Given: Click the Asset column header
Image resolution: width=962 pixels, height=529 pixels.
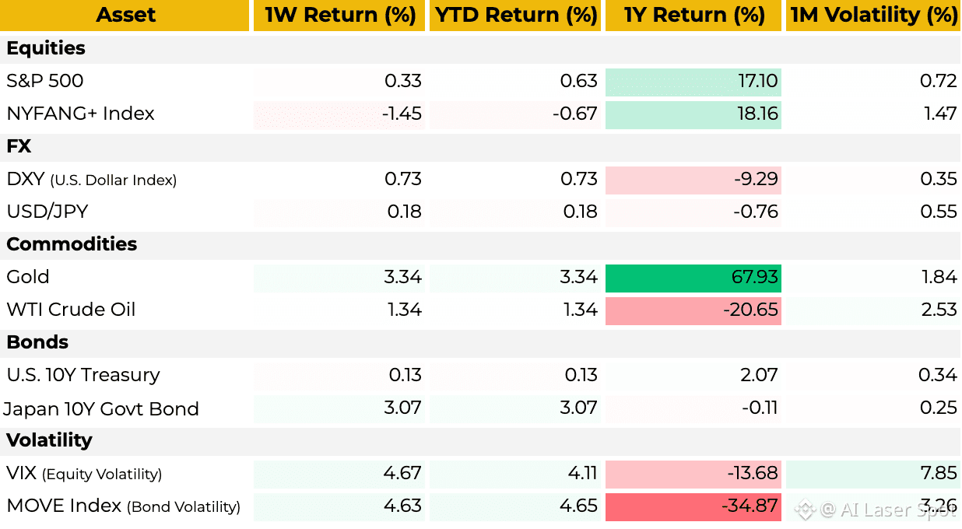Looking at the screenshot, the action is coord(125,15).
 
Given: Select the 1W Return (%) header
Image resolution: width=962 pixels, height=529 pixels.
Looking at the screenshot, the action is coord(340,15).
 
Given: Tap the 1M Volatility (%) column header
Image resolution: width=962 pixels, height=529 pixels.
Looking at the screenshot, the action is coord(873,15).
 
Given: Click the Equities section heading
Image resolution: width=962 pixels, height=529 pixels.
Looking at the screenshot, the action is coord(46,48).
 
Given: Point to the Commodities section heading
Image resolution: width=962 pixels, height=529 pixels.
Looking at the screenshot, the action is coord(72,244).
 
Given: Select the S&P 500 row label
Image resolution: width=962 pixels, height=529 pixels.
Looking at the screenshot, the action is coord(44,81).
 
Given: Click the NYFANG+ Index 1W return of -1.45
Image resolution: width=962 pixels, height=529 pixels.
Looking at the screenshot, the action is coord(402,114).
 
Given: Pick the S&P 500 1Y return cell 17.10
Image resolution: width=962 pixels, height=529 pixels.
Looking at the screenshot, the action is coord(757,81).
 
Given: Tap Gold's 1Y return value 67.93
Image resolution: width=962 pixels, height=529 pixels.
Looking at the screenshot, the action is coord(754,277).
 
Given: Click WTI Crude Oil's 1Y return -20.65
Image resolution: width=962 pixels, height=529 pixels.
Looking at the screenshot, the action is coord(751,310).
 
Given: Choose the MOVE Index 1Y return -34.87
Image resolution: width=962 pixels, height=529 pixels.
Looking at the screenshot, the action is coord(750,506).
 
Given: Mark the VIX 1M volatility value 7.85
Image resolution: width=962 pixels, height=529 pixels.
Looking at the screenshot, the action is coord(939,473).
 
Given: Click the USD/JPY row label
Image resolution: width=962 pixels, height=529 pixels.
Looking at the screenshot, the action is coord(47,212).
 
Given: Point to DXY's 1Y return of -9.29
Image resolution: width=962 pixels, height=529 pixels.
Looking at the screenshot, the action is coord(756,179).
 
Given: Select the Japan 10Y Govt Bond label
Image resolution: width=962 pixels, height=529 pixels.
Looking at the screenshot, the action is coord(101,408).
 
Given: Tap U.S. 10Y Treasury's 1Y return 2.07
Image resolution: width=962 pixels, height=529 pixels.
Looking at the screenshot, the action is coord(759,375).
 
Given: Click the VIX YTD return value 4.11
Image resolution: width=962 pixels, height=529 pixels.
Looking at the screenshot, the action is coord(582,473).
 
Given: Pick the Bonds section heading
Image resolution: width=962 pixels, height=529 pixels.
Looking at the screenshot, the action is coord(37,342).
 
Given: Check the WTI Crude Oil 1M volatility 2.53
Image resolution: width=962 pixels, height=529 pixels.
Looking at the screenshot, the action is coord(939,310).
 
